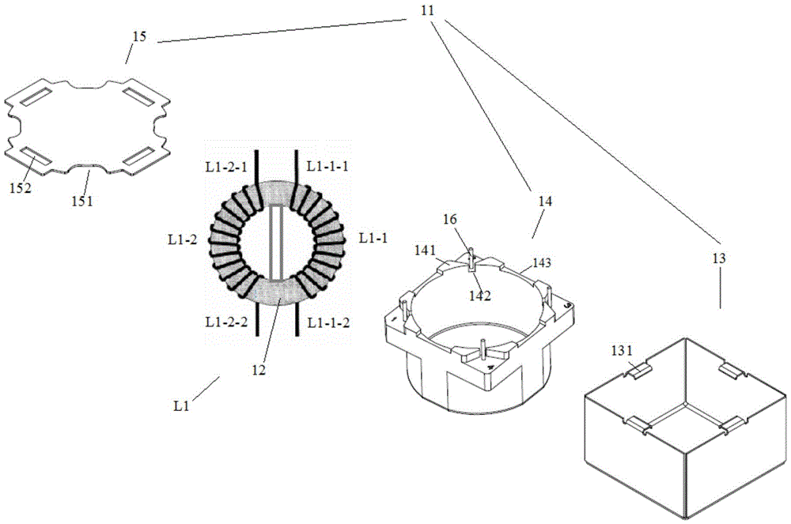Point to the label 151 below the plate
(x=81, y=201)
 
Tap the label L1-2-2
(x=222, y=322)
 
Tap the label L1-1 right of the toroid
(x=372, y=237)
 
